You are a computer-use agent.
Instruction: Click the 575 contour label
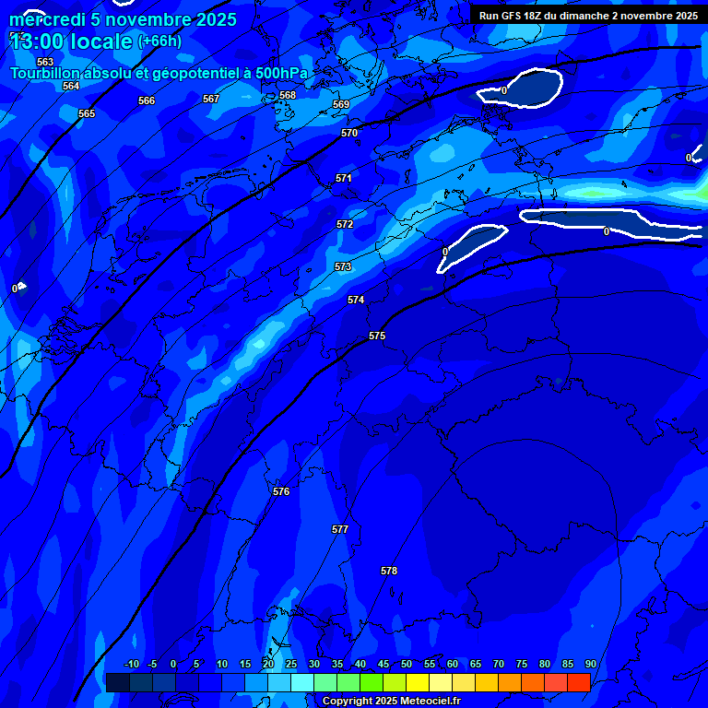tap(377, 336)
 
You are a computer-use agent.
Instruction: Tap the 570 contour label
tap(349, 133)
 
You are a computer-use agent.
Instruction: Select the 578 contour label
tap(389, 571)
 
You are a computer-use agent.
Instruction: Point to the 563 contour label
tap(45, 62)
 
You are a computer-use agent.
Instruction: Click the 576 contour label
tap(281, 491)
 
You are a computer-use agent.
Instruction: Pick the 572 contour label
tap(345, 224)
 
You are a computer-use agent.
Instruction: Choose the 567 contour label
tap(211, 99)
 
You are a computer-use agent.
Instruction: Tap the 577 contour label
tap(340, 529)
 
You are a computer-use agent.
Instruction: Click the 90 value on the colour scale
tap(590, 664)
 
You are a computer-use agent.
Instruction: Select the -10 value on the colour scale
tap(131, 664)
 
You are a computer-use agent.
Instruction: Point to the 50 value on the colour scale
tap(407, 664)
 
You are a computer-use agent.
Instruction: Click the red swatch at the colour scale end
tap(578, 682)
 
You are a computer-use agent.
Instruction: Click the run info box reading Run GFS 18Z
tap(588, 16)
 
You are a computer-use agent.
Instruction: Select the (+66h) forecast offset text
tap(159, 41)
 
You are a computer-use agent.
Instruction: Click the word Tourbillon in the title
tap(50, 74)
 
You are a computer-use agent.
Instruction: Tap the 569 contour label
tap(341, 104)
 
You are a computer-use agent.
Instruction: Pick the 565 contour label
tap(87, 113)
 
